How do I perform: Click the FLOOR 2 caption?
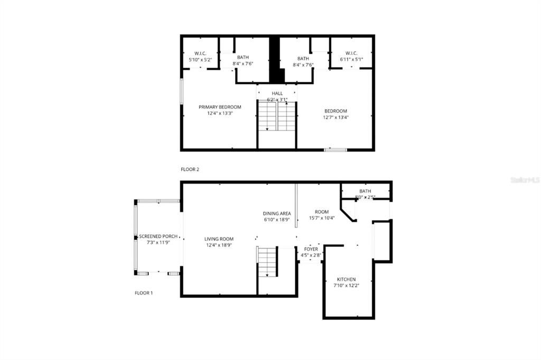pyautogui.click(x=190, y=169)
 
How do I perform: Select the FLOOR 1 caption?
pyautogui.click(x=144, y=293)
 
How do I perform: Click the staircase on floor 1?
pyautogui.click(x=268, y=262)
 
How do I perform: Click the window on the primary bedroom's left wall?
pyautogui.click(x=182, y=91)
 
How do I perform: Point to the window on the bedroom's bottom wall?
pyautogui.click(x=335, y=150)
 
